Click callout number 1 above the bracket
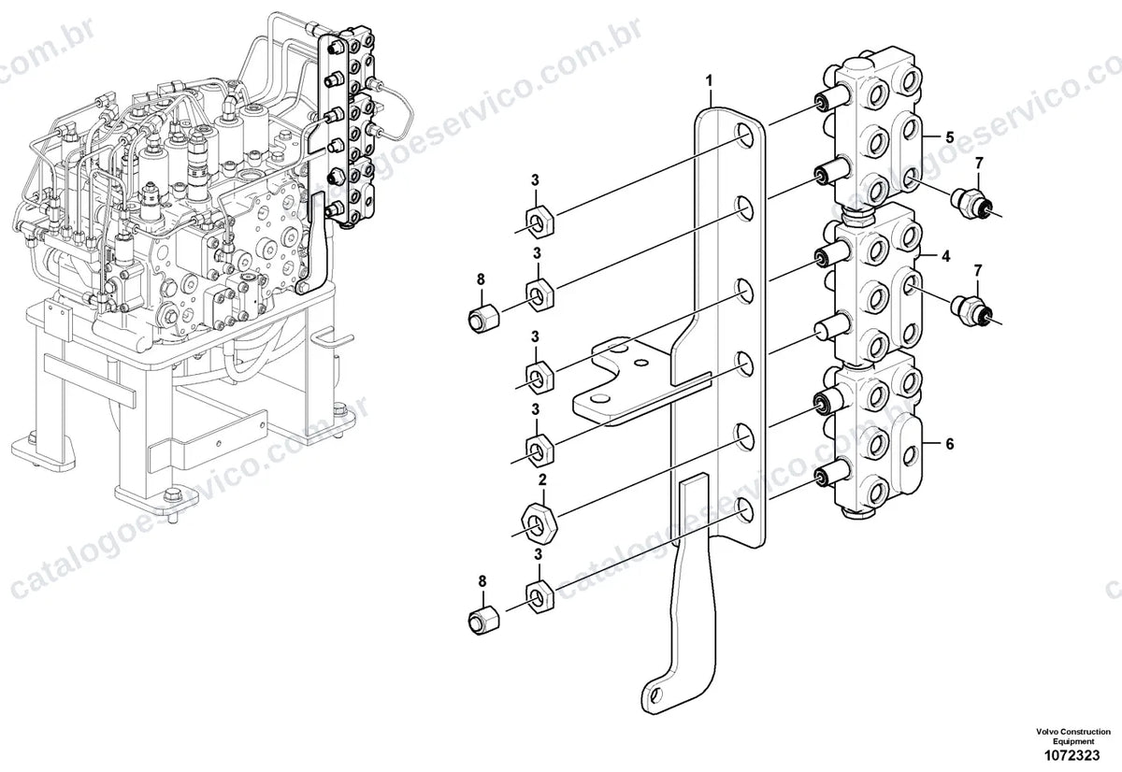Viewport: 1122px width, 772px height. pyautogui.click(x=709, y=81)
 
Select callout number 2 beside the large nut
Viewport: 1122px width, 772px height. pyautogui.click(x=542, y=480)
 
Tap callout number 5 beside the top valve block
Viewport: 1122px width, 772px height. pyautogui.click(x=950, y=137)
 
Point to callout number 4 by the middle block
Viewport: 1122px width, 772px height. pyautogui.click(x=945, y=256)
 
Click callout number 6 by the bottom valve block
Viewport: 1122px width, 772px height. pyautogui.click(x=950, y=444)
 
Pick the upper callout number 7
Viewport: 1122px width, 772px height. pyautogui.click(x=979, y=164)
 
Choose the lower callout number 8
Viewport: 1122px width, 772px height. pyautogui.click(x=482, y=581)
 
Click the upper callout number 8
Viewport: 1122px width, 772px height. pyautogui.click(x=481, y=279)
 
